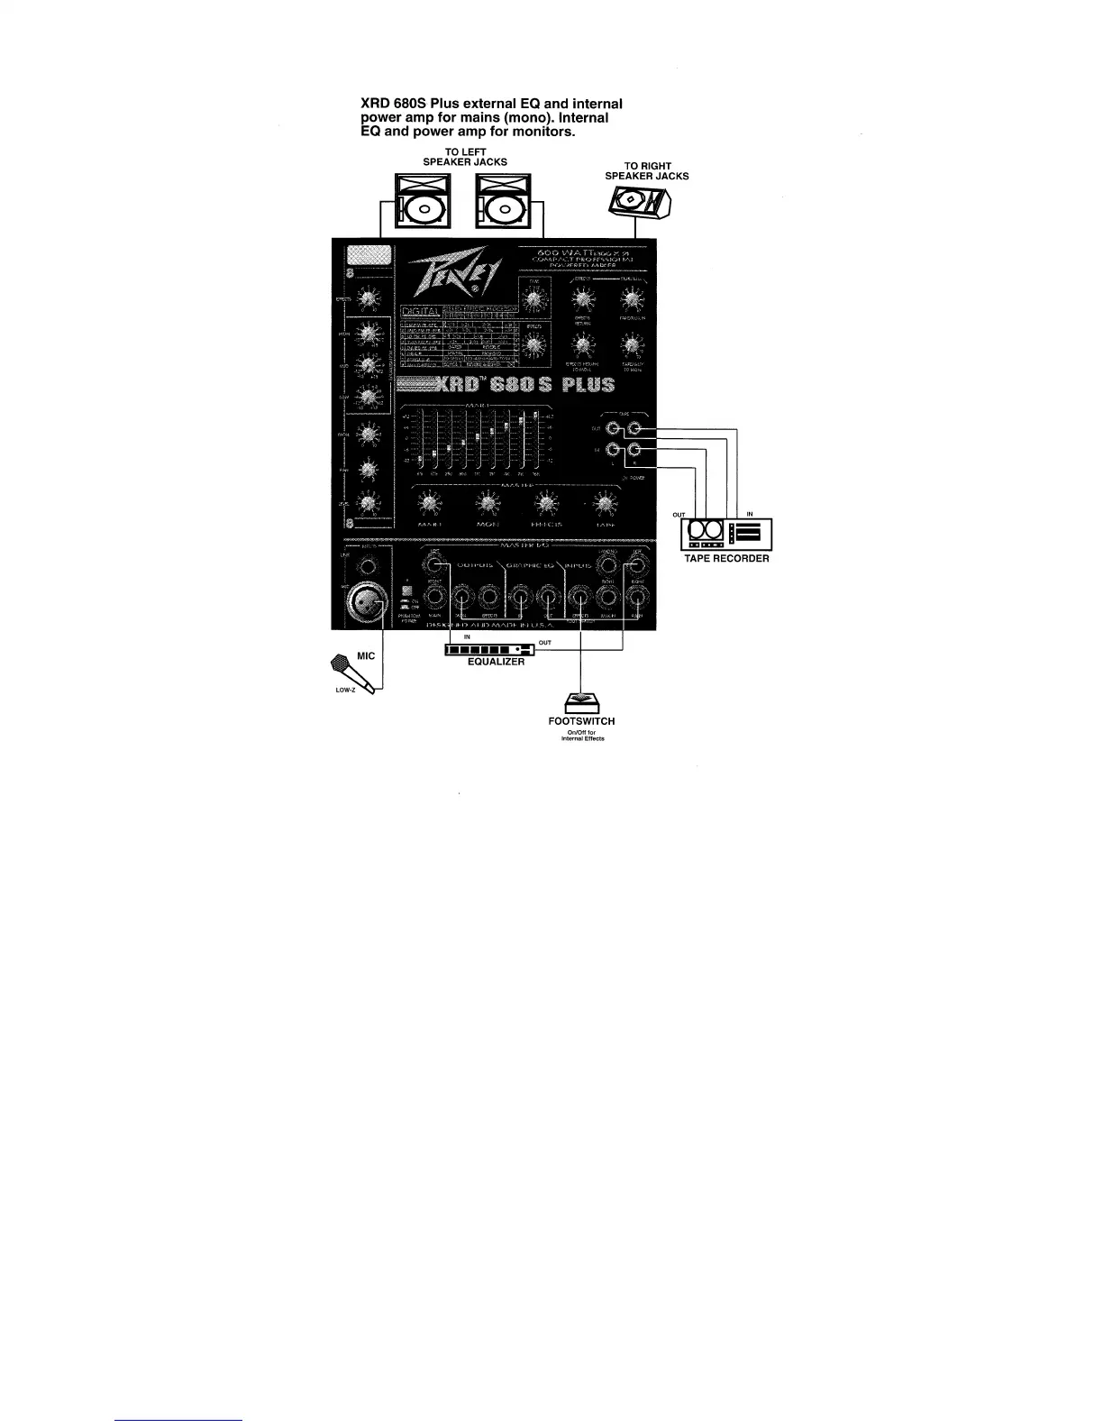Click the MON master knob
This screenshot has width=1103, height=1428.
tap(488, 502)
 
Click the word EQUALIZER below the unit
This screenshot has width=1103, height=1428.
tap(496, 662)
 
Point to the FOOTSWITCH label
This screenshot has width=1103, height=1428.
tap(581, 721)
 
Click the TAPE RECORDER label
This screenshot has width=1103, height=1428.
tap(726, 559)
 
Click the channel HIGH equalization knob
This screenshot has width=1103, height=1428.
tap(367, 334)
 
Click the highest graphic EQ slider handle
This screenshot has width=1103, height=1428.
tap(535, 416)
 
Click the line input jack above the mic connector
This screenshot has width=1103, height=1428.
tap(367, 566)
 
